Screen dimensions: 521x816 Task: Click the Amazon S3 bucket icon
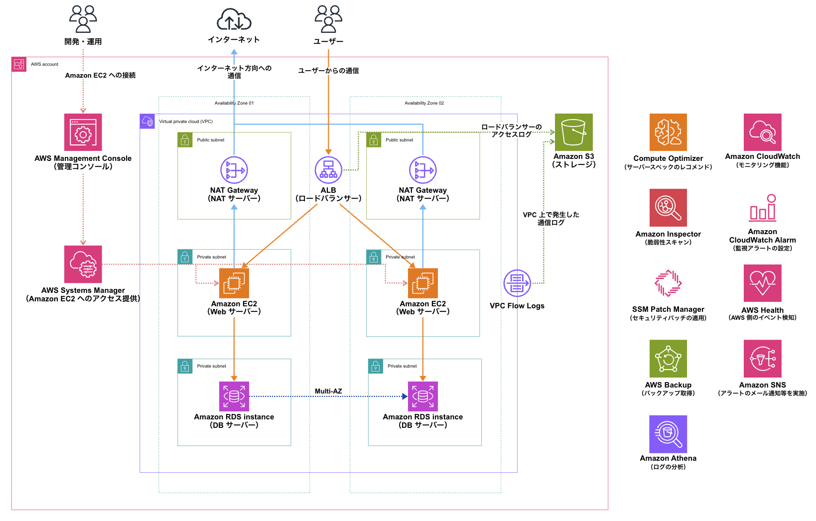573,132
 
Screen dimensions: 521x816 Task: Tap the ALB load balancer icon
328,170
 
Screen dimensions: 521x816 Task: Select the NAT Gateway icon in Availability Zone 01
234,170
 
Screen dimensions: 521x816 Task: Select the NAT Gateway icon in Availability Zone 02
422,170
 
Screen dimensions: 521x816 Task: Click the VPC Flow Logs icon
517,283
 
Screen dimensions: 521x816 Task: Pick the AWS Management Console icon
83,132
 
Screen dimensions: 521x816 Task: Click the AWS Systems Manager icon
83,264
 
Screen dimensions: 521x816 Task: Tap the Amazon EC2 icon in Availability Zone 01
234,283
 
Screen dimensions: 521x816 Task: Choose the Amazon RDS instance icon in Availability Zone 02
422,396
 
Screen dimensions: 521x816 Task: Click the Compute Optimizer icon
668,132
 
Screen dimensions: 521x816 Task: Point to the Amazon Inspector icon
668,208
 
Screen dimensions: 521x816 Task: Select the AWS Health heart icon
762,283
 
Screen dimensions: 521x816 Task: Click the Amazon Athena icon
668,434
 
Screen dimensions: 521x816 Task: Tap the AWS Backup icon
668,359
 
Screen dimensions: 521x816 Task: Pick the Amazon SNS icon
762,359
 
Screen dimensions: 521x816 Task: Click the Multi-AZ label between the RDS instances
328,391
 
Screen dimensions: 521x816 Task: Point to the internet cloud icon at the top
234,20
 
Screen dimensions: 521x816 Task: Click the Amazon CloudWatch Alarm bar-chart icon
763,208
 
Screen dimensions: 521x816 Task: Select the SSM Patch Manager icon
668,283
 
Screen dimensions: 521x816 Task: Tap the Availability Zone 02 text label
424,103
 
